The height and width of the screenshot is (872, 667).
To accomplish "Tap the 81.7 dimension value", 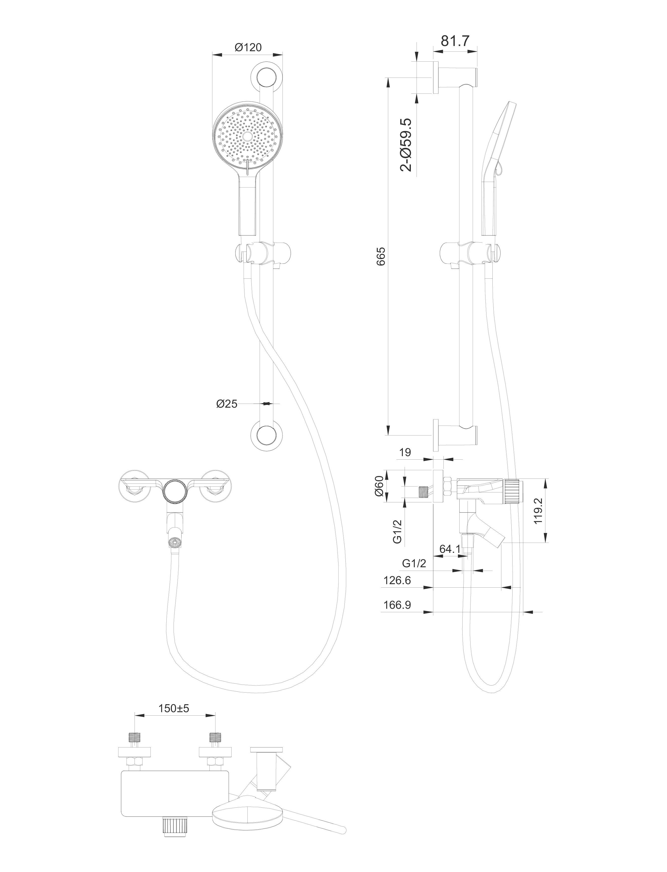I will point(455,41).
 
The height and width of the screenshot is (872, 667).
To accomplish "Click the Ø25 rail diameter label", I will point(227,404).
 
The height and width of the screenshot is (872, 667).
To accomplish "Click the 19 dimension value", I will point(405,452).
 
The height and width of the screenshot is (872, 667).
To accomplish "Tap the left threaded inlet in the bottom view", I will point(135,737).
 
